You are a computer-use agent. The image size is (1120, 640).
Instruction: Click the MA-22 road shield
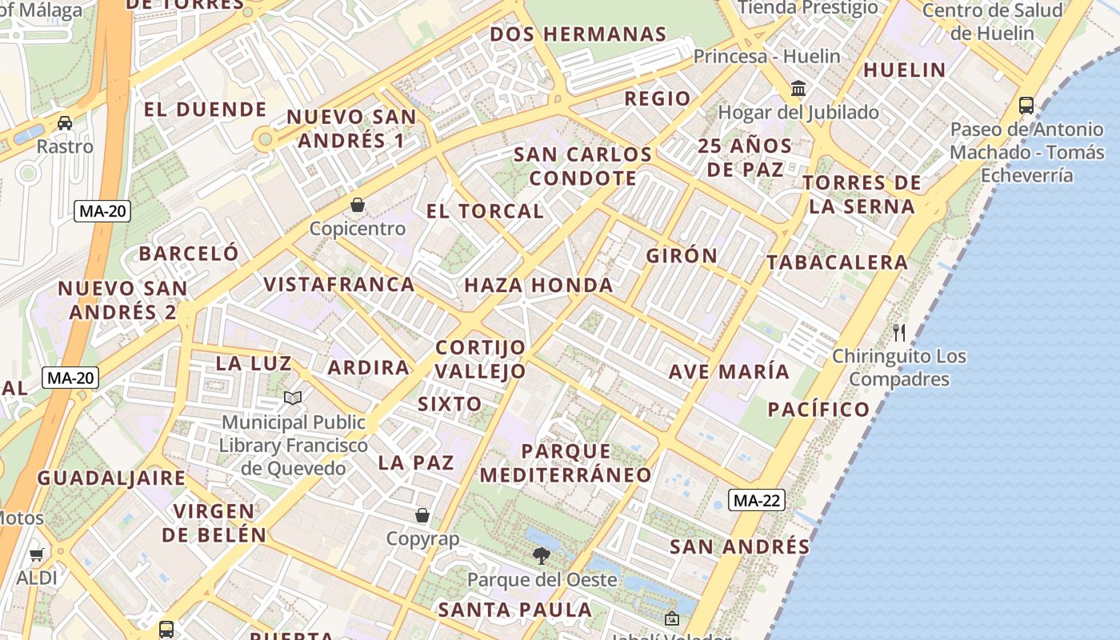[x=756, y=501]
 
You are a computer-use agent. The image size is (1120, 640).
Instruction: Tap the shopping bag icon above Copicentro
[x=358, y=205]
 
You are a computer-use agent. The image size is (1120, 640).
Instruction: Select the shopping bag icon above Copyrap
[x=422, y=515]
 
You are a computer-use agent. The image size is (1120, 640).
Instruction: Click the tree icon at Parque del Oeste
[x=542, y=555]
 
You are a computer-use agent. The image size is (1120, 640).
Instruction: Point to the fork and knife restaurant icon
[x=899, y=331]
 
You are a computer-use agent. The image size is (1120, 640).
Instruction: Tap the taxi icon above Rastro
[x=65, y=123]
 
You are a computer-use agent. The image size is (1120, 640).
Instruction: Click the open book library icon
[x=294, y=398]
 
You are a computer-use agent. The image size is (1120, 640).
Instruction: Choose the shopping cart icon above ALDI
[x=36, y=554]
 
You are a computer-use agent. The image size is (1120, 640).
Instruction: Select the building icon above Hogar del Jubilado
[x=798, y=88]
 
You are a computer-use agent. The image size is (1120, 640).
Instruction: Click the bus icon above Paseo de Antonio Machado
[x=1026, y=105]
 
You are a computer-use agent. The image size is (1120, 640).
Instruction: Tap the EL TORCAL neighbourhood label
[x=485, y=211]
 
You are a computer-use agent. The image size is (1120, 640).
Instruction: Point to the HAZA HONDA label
[x=538, y=285]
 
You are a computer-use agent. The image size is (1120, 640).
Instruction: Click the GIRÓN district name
[x=682, y=255]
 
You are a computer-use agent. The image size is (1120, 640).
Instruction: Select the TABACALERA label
[x=837, y=262]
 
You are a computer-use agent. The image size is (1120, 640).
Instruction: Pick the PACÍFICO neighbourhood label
[x=818, y=410]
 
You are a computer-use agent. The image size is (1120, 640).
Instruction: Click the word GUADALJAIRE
[x=111, y=478]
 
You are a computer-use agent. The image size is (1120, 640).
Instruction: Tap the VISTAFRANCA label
[x=339, y=284]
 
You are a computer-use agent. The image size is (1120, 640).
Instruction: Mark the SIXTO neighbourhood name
[x=450, y=404]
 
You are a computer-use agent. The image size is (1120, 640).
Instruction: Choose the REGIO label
[x=657, y=98]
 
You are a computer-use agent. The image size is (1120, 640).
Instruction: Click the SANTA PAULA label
[x=514, y=610]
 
